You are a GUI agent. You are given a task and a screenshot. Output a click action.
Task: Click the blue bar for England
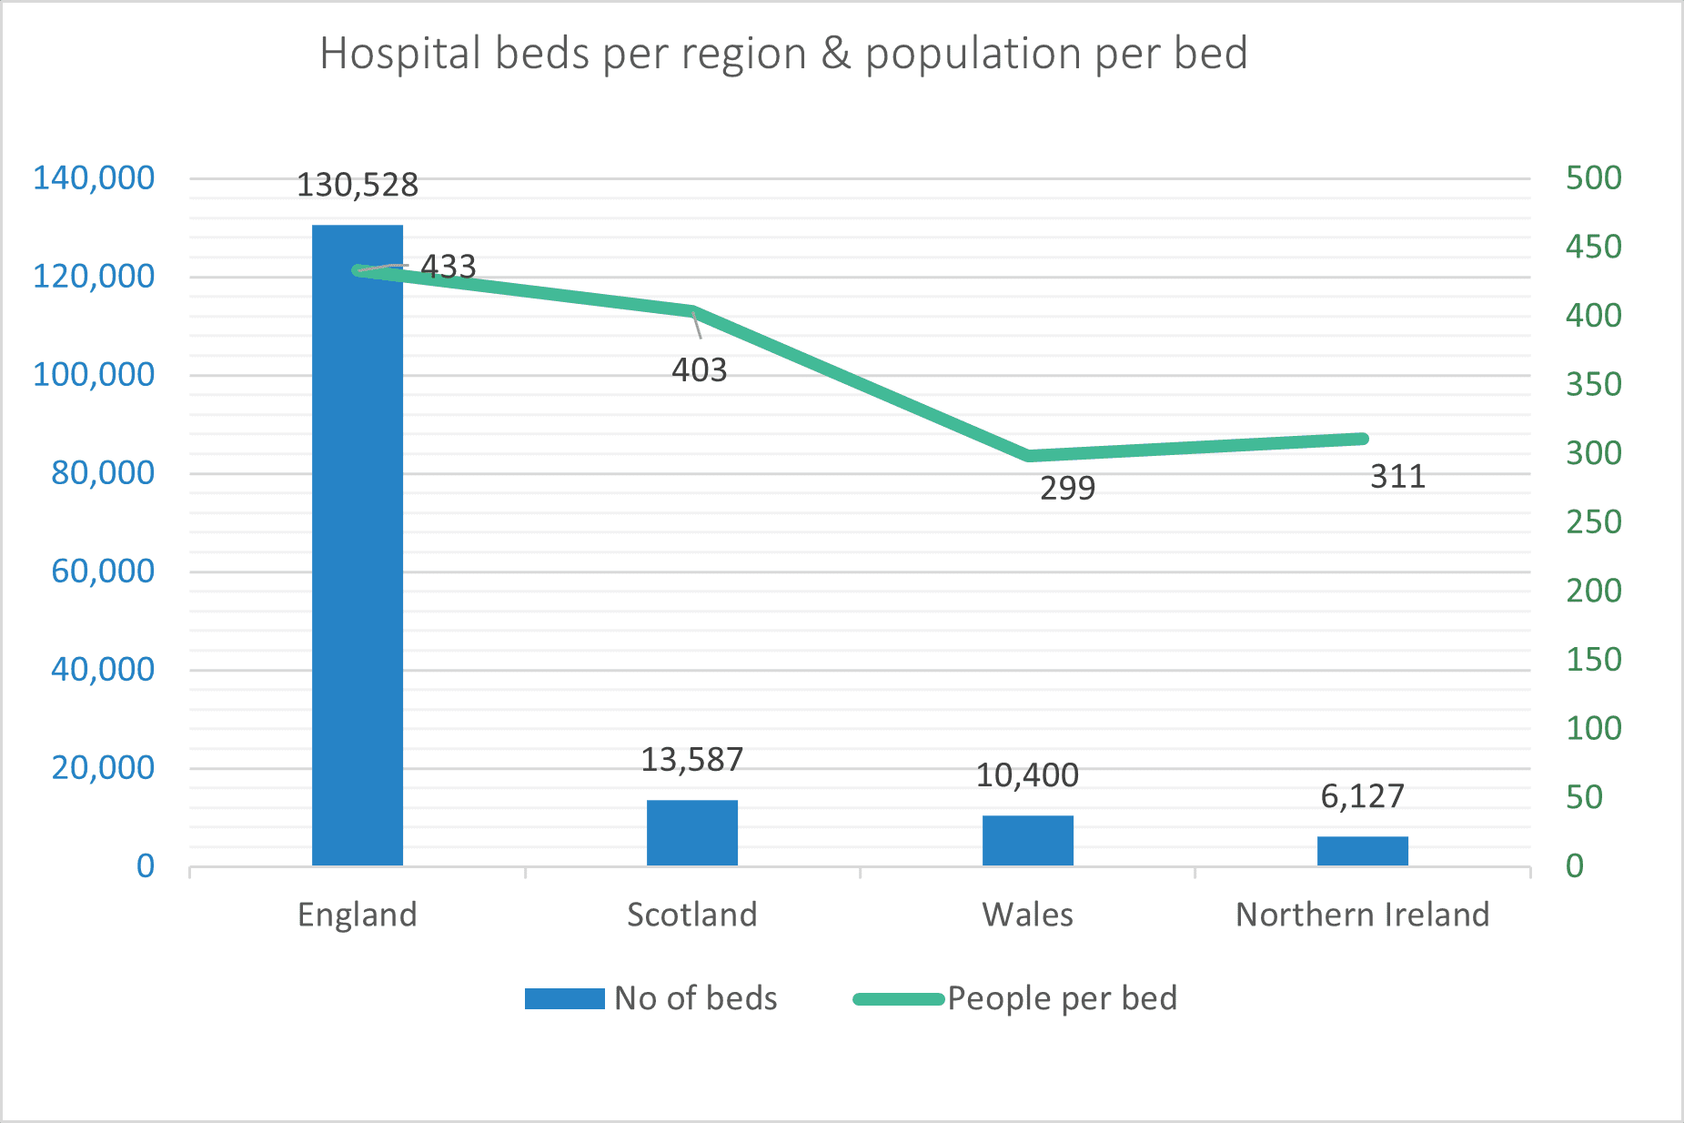pos(358,546)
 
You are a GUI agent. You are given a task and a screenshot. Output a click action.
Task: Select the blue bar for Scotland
pos(692,833)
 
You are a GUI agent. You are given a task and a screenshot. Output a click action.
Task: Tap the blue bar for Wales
pos(1027,840)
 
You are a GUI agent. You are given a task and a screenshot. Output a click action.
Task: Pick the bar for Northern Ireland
pos(1362,851)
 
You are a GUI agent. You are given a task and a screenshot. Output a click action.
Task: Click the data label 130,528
pos(358,185)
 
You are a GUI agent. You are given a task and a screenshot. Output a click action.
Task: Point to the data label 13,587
pos(692,759)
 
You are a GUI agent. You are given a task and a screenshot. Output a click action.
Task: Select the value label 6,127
pos(1362,796)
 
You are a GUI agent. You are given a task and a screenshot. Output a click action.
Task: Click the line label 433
pos(449,267)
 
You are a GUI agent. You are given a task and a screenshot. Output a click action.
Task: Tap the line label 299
pos(1067,489)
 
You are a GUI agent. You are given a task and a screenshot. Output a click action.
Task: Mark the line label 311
pos(1397,477)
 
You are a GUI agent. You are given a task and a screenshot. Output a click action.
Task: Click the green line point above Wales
pos(1029,455)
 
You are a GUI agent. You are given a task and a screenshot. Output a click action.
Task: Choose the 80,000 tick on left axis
pos(103,473)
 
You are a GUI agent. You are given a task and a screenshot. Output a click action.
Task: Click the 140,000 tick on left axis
pos(94,178)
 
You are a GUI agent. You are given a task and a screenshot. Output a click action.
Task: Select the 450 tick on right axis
pos(1593,247)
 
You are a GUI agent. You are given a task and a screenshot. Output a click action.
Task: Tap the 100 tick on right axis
pos(1593,728)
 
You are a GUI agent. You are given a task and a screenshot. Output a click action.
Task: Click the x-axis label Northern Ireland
pos(1362,915)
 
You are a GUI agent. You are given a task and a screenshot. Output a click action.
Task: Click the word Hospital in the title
pos(400,54)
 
